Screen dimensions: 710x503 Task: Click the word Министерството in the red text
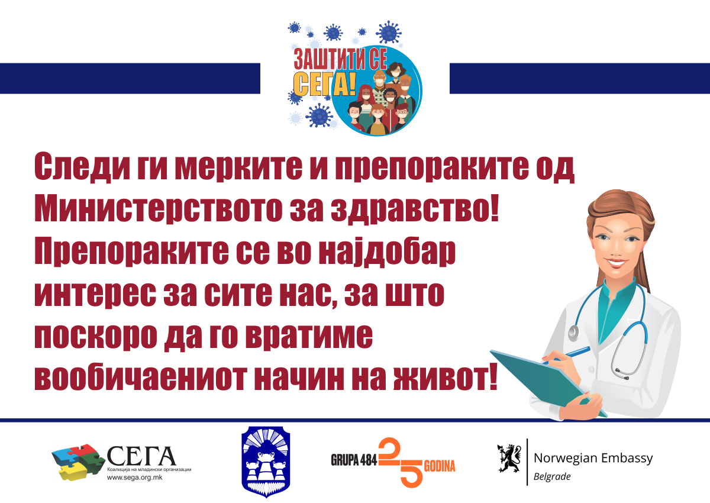click(x=158, y=209)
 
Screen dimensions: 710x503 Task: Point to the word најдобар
click(x=388, y=252)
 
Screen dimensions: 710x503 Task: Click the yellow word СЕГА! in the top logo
click(x=325, y=84)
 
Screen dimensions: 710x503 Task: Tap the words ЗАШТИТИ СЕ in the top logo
click(x=340, y=59)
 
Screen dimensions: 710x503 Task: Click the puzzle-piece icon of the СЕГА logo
click(x=78, y=462)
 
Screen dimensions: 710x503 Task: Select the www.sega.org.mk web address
click(x=135, y=478)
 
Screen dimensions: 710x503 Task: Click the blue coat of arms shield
click(x=266, y=462)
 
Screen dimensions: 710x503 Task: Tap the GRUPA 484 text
click(x=354, y=460)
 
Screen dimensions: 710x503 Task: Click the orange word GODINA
click(x=439, y=466)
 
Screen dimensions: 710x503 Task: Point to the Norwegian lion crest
click(x=509, y=458)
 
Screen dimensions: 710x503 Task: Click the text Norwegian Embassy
click(x=593, y=458)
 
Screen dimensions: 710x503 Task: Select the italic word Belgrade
click(x=552, y=477)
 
